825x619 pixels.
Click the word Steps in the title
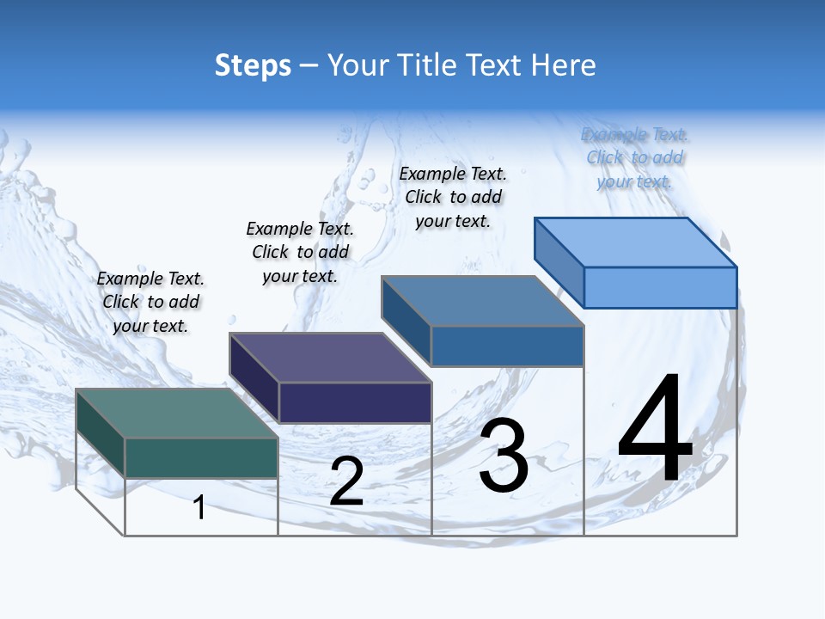pos(253,65)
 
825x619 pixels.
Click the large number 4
pos(655,430)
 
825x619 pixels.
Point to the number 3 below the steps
pos(504,456)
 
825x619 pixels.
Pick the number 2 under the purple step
pos(346,482)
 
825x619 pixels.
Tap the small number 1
pos(199,507)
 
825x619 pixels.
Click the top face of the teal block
pos(176,413)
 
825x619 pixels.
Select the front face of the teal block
pos(201,457)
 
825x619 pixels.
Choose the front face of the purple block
pos(355,402)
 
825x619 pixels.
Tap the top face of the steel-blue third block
pos(482,301)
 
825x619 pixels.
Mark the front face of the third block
pos(507,346)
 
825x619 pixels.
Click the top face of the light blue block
pos(635,242)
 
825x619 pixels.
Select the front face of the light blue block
pos(660,287)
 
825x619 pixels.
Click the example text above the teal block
pos(150,302)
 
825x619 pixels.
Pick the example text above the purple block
pos(300,252)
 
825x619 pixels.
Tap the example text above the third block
pos(453,197)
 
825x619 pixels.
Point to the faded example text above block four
pos(634,157)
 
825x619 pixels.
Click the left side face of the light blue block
pos(559,262)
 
